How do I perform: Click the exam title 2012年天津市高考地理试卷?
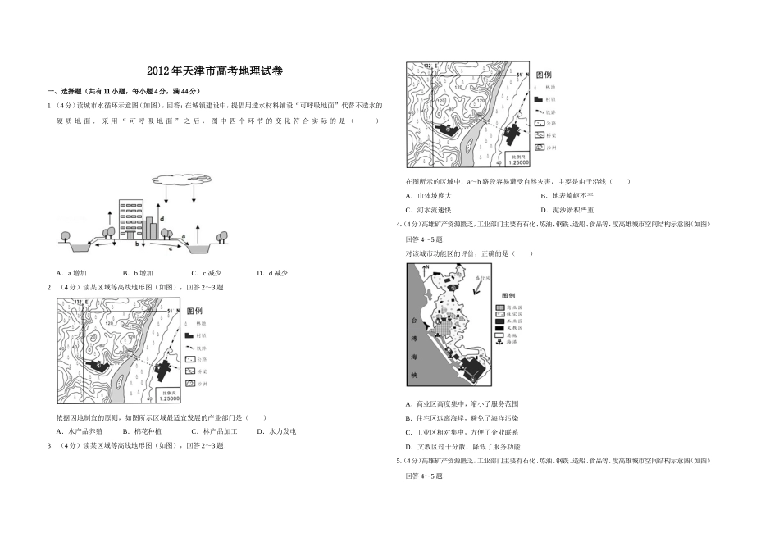pyautogui.click(x=214, y=71)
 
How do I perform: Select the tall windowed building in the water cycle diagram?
pyautogui.click(x=131, y=217)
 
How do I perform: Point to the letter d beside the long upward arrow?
pyautogui.click(x=162, y=219)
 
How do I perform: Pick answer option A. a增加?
pyautogui.click(x=72, y=273)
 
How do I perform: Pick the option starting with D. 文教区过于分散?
pyautogui.click(x=462, y=447)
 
